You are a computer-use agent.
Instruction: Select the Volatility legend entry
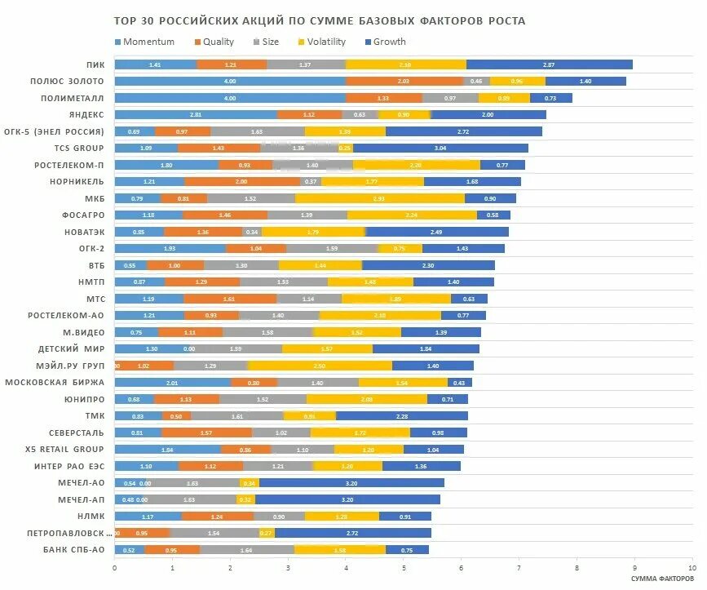click(x=325, y=42)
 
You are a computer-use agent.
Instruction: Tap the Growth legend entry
click(x=388, y=42)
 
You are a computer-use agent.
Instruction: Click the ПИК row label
click(x=95, y=64)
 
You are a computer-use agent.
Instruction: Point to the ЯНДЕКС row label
click(x=86, y=114)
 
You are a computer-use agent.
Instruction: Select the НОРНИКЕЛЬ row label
click(x=77, y=181)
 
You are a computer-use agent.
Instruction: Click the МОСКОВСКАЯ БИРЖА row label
click(x=55, y=382)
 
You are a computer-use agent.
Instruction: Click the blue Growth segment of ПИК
click(x=549, y=64)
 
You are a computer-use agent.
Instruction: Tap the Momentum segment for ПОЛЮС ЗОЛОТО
click(x=230, y=81)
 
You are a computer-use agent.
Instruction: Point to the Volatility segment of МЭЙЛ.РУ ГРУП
click(x=320, y=366)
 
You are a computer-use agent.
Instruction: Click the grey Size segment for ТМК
click(x=237, y=415)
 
